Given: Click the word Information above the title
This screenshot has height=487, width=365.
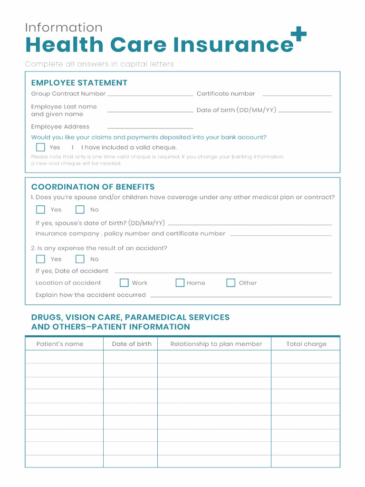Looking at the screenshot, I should (x=64, y=27).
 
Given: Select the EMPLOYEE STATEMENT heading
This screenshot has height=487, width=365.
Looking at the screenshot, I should (x=79, y=83).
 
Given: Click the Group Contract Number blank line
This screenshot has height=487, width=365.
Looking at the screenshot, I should (x=150, y=96).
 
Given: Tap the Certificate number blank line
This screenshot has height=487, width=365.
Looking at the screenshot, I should (x=297, y=96).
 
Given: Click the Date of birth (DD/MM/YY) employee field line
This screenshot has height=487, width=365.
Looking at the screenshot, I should (x=305, y=112).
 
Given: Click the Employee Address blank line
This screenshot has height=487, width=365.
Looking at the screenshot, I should (x=150, y=128).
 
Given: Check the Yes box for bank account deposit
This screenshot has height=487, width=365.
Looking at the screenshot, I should (x=40, y=147).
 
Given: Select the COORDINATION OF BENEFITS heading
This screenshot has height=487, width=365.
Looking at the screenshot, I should (x=93, y=187).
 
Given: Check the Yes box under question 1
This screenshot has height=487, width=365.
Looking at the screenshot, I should (x=40, y=210).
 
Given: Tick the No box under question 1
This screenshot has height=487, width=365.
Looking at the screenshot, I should (x=80, y=210).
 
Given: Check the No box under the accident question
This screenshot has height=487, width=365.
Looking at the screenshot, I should (x=80, y=259).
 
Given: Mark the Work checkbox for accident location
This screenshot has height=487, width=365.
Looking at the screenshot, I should (x=124, y=283).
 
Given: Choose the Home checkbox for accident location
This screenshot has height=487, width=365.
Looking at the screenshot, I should (x=180, y=283).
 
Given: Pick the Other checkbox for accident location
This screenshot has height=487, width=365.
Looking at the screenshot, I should (x=231, y=283).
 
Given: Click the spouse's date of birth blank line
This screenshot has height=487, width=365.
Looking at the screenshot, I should (x=250, y=224).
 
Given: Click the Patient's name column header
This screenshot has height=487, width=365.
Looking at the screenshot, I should (x=60, y=344).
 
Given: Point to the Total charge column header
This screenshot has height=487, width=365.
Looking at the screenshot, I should (x=306, y=344).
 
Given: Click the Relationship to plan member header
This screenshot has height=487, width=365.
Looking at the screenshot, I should (x=216, y=344).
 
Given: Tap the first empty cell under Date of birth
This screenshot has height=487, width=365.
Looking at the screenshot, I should (x=130, y=357).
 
